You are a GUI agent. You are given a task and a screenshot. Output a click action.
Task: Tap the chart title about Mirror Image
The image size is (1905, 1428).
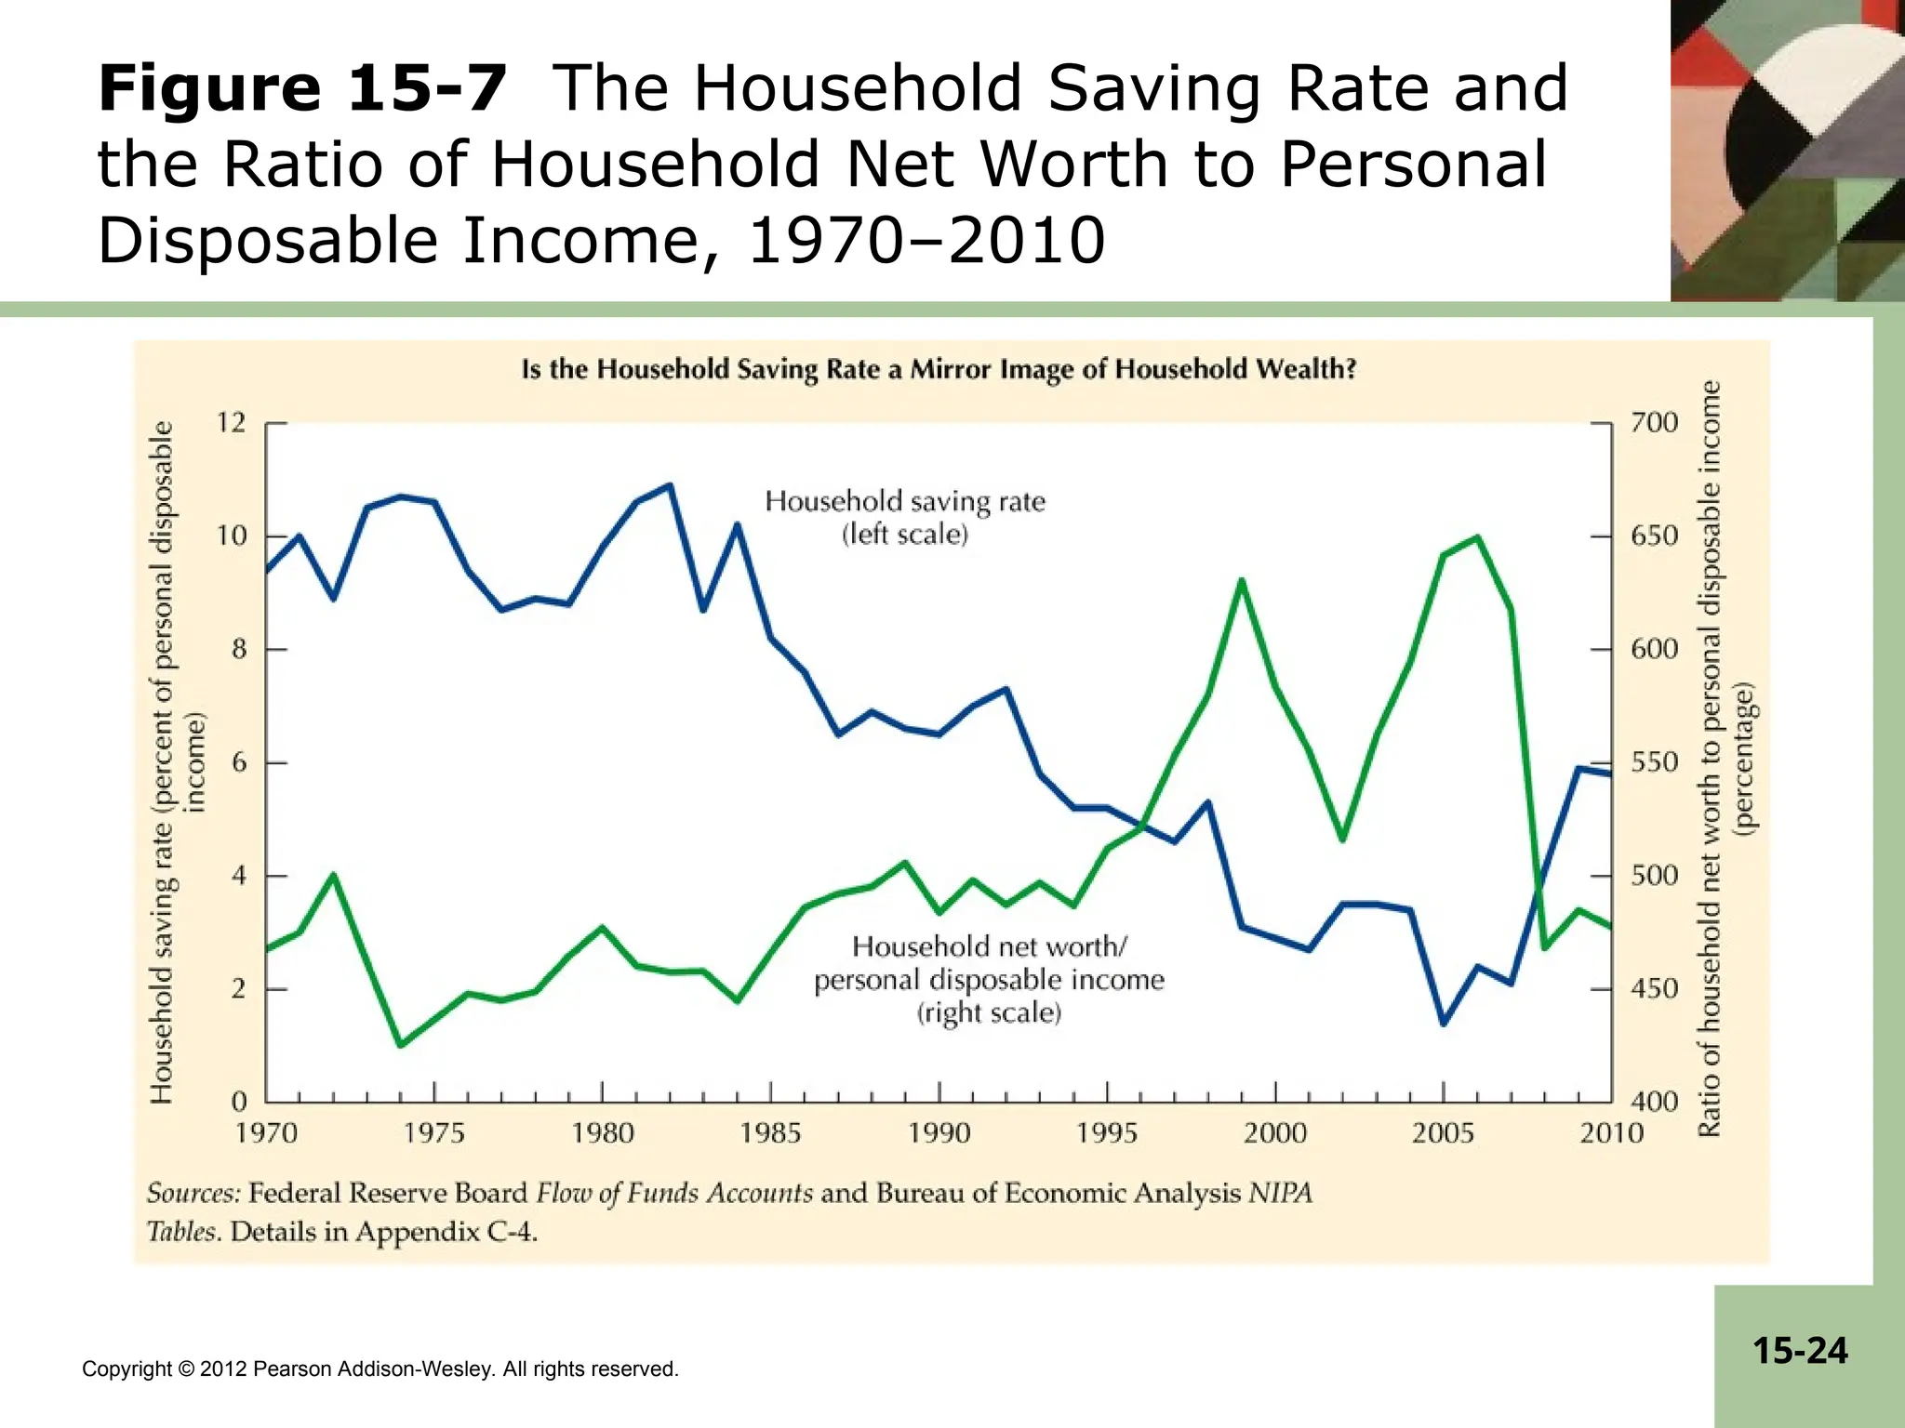(x=939, y=369)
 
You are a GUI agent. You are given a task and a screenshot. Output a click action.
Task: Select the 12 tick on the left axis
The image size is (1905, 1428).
(x=232, y=423)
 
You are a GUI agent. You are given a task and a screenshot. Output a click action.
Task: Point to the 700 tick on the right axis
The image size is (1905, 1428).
(x=1655, y=423)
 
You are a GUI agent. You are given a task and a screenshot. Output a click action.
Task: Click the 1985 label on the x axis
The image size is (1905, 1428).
(x=770, y=1133)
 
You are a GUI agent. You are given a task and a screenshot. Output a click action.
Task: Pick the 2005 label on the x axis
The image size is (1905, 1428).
(x=1443, y=1133)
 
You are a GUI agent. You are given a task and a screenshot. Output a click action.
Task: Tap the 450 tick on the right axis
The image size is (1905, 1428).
(x=1655, y=989)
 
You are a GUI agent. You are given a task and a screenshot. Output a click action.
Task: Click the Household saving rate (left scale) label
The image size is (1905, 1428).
(x=905, y=517)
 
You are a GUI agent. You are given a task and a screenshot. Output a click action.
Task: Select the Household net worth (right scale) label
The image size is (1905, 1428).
(x=989, y=979)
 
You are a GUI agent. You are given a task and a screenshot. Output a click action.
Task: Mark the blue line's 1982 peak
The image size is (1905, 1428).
(x=670, y=485)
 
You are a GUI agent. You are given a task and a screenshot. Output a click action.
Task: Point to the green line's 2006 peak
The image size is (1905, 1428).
(x=1477, y=537)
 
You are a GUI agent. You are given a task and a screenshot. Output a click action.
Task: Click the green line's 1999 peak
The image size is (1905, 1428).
(x=1241, y=580)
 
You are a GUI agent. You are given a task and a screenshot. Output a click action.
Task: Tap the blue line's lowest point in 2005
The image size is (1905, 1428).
(x=1444, y=1024)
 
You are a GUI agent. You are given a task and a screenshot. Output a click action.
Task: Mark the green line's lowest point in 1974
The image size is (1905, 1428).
(x=400, y=1046)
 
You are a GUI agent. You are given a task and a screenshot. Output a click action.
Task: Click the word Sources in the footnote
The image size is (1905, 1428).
(x=193, y=1193)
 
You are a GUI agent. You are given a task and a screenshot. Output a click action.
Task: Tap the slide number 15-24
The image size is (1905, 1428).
(x=1800, y=1350)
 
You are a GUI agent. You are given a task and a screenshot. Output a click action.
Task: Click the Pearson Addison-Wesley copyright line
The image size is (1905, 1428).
(x=380, y=1368)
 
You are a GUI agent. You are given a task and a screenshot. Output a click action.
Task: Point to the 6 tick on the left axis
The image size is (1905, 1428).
(x=240, y=763)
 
